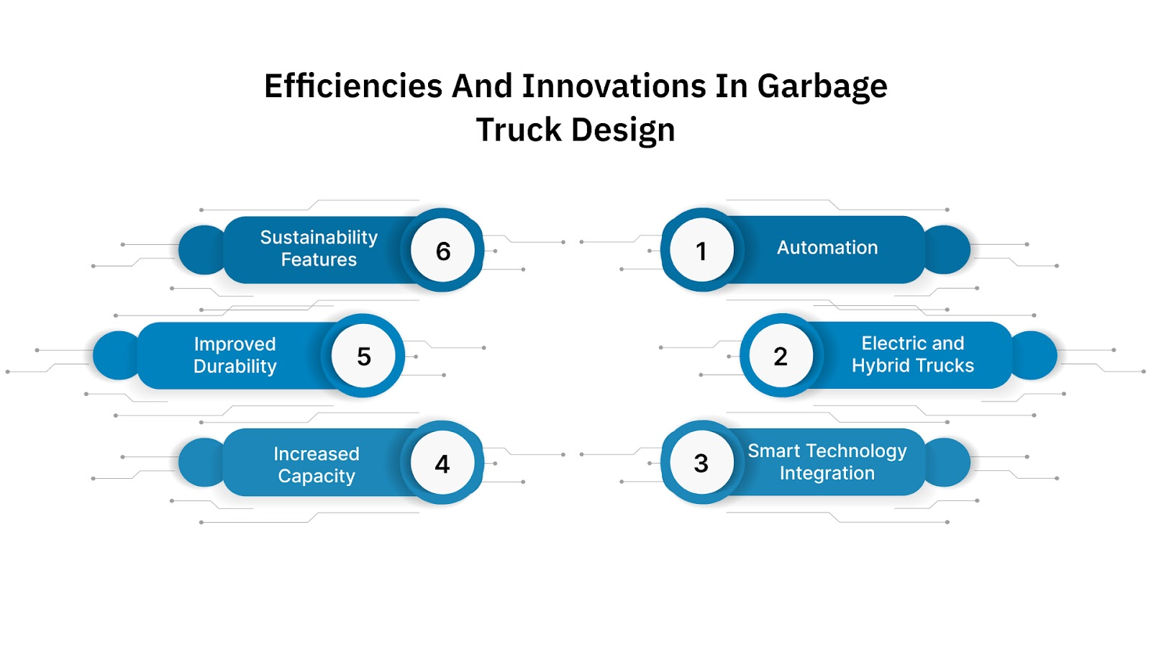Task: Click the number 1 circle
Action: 701,250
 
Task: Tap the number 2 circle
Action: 781,356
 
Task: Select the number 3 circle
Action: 701,462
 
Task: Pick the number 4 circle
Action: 442,463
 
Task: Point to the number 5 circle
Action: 364,356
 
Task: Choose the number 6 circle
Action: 443,251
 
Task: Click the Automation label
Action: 827,248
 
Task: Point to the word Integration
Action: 827,473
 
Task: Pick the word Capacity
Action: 317,477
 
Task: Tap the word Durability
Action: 235,366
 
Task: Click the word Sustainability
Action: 319,238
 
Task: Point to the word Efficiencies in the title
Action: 352,86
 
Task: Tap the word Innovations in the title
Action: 614,86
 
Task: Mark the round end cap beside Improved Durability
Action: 115,356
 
